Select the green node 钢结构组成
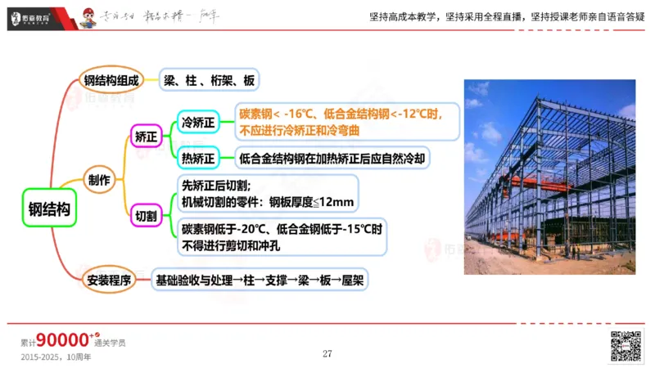coord(113,80)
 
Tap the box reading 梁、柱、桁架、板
coord(209,80)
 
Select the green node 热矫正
coord(197,157)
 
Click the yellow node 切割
coord(148,216)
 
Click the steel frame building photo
coord(549,176)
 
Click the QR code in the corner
coord(626,345)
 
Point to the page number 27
coord(327,353)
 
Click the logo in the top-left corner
coord(32,16)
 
